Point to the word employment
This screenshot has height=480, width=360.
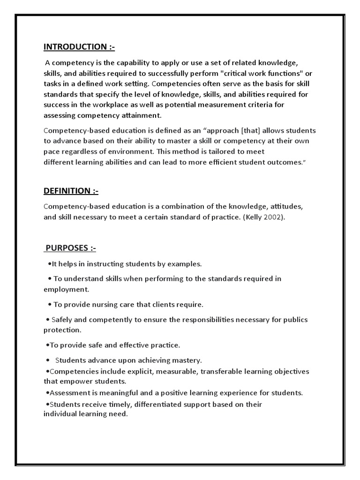pos(66,289)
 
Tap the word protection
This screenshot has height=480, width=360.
pos(62,330)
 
